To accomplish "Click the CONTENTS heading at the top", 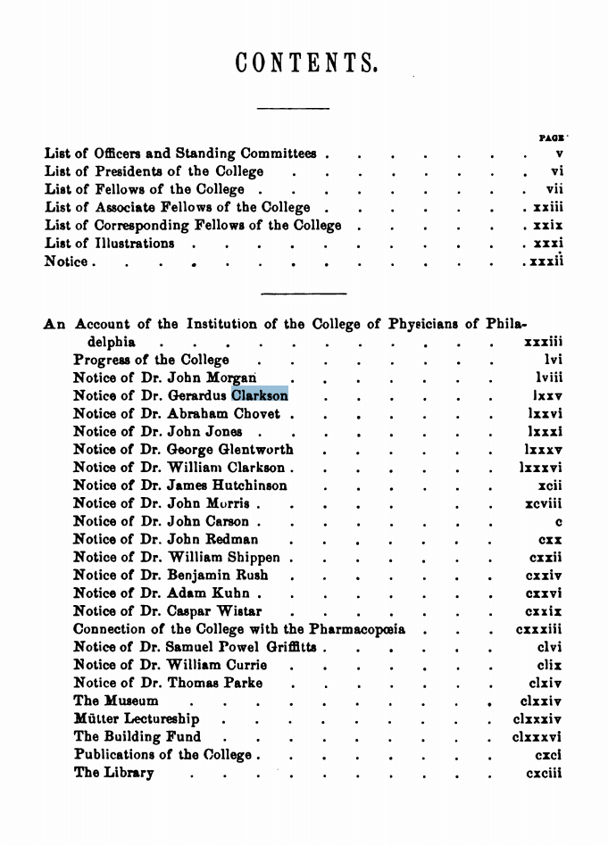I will click(306, 63).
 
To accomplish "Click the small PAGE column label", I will click(553, 138).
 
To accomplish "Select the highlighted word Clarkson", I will click(259, 395).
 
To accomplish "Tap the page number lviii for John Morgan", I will click(544, 377).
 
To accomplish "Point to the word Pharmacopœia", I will click(356, 629).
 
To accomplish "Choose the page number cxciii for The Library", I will click(544, 773).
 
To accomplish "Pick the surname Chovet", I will click(256, 413).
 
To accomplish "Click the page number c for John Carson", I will click(558, 521).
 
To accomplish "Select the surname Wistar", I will click(239, 611).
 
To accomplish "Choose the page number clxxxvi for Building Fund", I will click(537, 737).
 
